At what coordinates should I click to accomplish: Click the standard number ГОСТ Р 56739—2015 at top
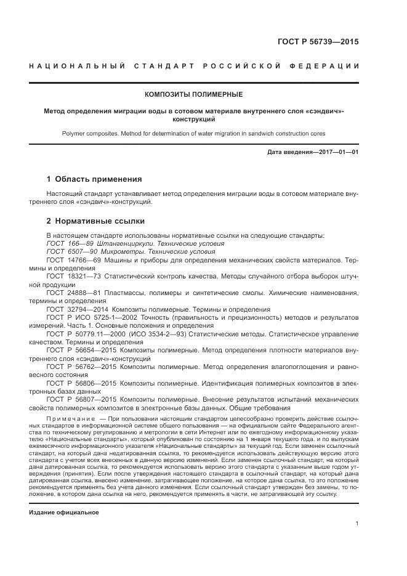pos(320,42)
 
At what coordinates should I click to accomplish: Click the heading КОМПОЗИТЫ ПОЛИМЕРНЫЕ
pos(193,94)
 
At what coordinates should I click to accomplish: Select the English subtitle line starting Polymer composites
pos(193,133)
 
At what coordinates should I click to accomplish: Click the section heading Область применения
pos(99,179)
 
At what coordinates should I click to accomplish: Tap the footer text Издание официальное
pos(64,512)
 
